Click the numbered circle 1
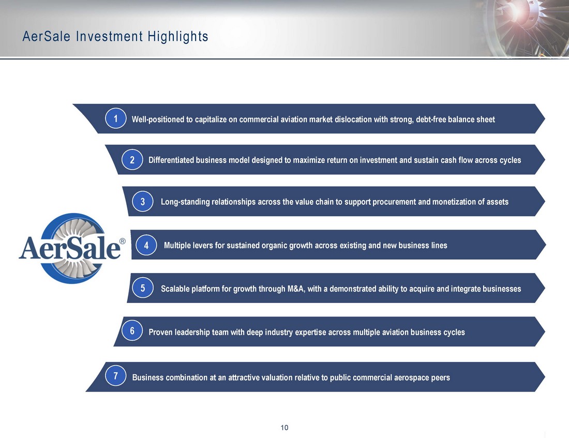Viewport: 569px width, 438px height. (116, 118)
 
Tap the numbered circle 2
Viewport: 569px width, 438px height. (132, 160)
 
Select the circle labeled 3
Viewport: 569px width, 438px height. (143, 201)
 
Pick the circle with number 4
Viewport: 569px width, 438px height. (146, 245)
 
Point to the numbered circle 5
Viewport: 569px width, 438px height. (143, 288)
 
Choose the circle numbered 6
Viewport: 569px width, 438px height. (132, 330)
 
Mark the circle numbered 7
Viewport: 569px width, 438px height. (116, 375)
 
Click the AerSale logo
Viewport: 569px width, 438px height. (72, 248)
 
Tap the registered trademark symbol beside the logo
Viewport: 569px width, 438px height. (122, 241)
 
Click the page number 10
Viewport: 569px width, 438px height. (284, 428)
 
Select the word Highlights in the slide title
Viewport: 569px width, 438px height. (178, 37)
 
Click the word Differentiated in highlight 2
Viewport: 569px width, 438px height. (171, 160)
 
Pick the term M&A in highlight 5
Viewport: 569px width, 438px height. (296, 289)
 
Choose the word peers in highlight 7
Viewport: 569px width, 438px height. (441, 378)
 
